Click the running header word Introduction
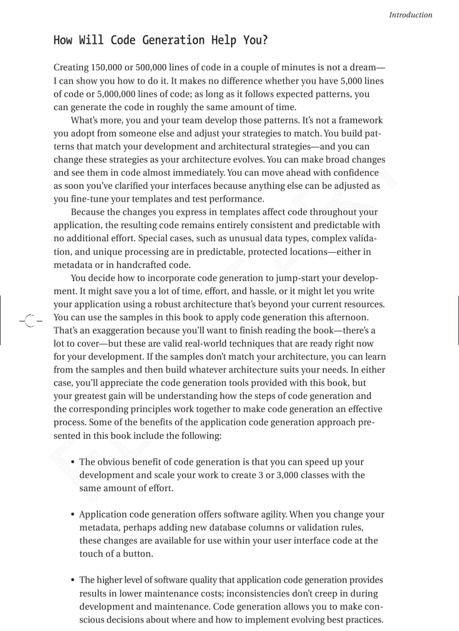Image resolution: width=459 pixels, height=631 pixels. (x=411, y=15)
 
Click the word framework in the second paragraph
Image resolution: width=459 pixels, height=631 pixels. (x=359, y=120)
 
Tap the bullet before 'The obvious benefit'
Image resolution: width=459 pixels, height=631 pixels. (x=73, y=462)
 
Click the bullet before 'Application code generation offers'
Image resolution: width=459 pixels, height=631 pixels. (x=73, y=515)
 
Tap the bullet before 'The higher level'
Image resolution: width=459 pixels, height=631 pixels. (x=73, y=580)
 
